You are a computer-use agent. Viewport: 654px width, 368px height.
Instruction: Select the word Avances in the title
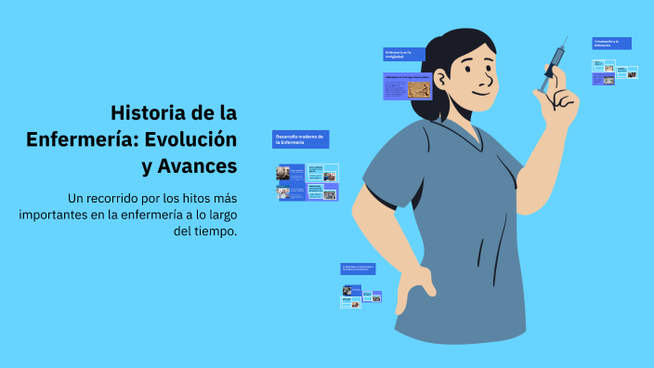[199, 166]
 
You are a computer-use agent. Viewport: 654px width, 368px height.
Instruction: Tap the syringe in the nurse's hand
[555, 62]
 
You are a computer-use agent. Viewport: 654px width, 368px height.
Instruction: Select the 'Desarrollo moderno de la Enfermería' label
[300, 139]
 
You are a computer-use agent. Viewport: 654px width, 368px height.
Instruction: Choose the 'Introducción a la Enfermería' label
[611, 43]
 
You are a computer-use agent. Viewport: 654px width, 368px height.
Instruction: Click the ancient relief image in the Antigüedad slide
[419, 88]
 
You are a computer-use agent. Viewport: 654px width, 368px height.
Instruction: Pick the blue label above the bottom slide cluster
[358, 269]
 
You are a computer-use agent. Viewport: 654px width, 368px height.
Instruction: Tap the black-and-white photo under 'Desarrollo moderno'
[284, 173]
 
